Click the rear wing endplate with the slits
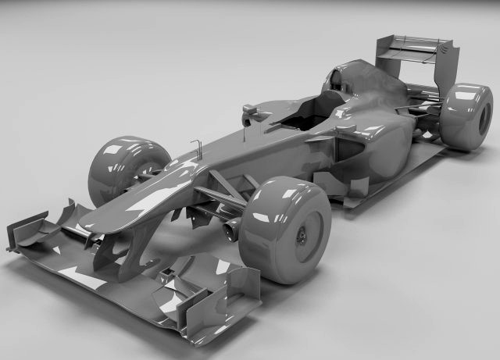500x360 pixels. click(448, 61)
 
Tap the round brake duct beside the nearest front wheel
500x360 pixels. click(231, 230)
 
